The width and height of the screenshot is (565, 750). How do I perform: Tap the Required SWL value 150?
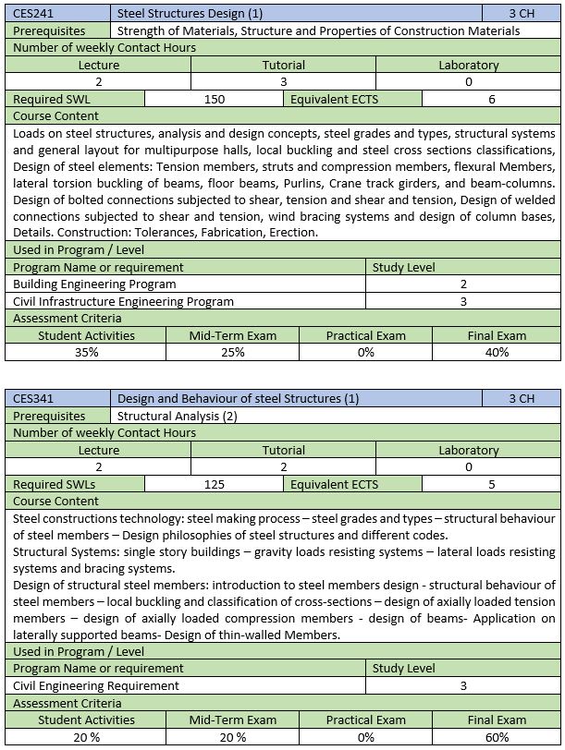215,99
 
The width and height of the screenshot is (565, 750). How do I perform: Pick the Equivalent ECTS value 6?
491,99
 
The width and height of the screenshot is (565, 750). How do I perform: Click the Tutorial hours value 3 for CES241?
283,82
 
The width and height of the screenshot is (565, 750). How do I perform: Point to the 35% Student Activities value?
86,352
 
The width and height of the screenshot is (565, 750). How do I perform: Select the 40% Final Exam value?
497,352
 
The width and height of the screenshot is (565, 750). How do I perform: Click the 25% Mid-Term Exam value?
232,352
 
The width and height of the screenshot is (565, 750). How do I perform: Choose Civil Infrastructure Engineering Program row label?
124,301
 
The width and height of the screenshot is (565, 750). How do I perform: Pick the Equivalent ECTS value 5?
491,484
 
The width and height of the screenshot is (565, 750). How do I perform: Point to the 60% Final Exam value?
497,737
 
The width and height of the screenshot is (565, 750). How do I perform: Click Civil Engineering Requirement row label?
96,685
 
